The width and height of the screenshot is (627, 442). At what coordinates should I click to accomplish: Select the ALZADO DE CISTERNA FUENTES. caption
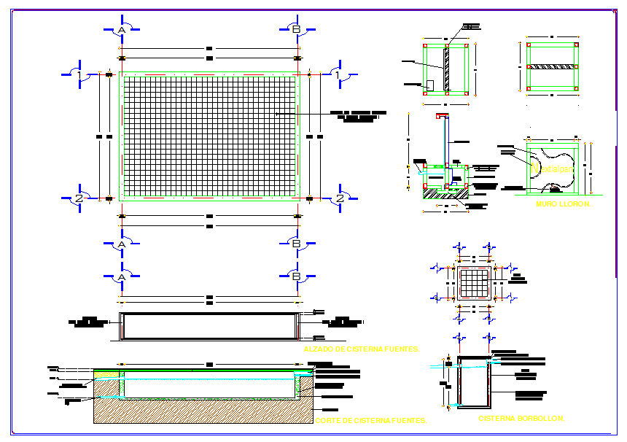point(362,349)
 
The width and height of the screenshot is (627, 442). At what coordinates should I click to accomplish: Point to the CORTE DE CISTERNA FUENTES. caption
point(370,421)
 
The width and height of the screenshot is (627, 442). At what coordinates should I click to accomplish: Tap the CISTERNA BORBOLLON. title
point(521,419)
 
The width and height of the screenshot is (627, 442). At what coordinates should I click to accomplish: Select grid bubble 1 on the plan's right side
point(339,74)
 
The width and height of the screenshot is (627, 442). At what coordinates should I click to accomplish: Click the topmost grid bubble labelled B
point(296,29)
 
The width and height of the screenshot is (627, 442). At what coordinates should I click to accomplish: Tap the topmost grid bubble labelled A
point(122,29)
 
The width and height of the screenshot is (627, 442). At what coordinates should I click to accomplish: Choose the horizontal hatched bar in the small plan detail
point(552,66)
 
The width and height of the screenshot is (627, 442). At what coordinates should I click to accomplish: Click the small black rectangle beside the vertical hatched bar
point(429,85)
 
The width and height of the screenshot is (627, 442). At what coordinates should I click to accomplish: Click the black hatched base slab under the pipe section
point(445,193)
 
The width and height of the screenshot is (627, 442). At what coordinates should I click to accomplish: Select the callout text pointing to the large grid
point(358,117)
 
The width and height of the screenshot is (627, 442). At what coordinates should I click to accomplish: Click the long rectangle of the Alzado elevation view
point(209,327)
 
